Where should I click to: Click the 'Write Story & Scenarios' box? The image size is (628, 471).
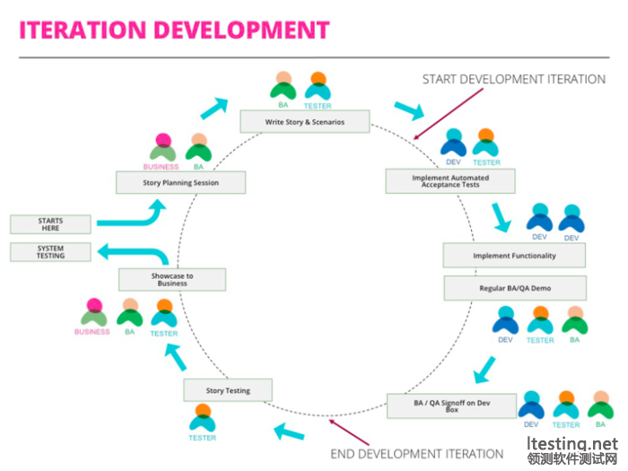click(305, 121)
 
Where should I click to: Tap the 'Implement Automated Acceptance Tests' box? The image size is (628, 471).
click(450, 181)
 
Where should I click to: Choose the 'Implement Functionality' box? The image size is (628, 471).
click(514, 256)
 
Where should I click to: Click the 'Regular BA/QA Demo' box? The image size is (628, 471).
click(514, 288)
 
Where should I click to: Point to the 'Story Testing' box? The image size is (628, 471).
click(228, 390)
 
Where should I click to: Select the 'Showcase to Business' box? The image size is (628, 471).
click(172, 279)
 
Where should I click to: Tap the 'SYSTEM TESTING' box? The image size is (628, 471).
click(50, 251)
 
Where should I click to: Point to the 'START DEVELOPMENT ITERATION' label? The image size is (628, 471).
click(514, 80)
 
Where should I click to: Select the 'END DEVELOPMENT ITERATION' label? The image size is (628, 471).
click(417, 453)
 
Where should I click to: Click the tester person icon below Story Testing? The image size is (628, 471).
click(203, 417)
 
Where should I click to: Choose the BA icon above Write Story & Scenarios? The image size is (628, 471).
click(283, 86)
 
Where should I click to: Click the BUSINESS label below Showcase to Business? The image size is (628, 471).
click(92, 332)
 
